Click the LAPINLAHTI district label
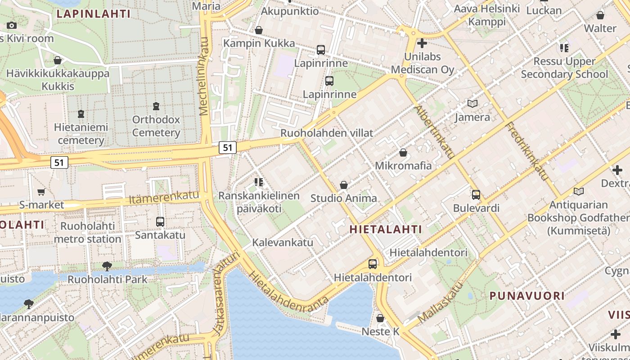click(94, 14)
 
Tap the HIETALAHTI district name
click(386, 229)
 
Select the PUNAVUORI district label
click(526, 296)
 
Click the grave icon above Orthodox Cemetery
click(156, 107)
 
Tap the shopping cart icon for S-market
click(41, 192)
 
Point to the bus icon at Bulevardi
click(476, 195)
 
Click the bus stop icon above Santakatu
click(160, 222)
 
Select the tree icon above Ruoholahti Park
click(107, 266)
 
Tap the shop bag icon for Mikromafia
click(403, 153)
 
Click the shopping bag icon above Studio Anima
click(344, 185)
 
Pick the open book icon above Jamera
click(472, 104)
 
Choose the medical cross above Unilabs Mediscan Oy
click(422, 44)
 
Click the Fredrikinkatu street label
click(527, 151)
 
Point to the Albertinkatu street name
click(434, 132)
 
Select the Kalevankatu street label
click(283, 243)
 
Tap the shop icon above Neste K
click(380, 318)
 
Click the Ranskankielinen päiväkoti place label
click(259, 202)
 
